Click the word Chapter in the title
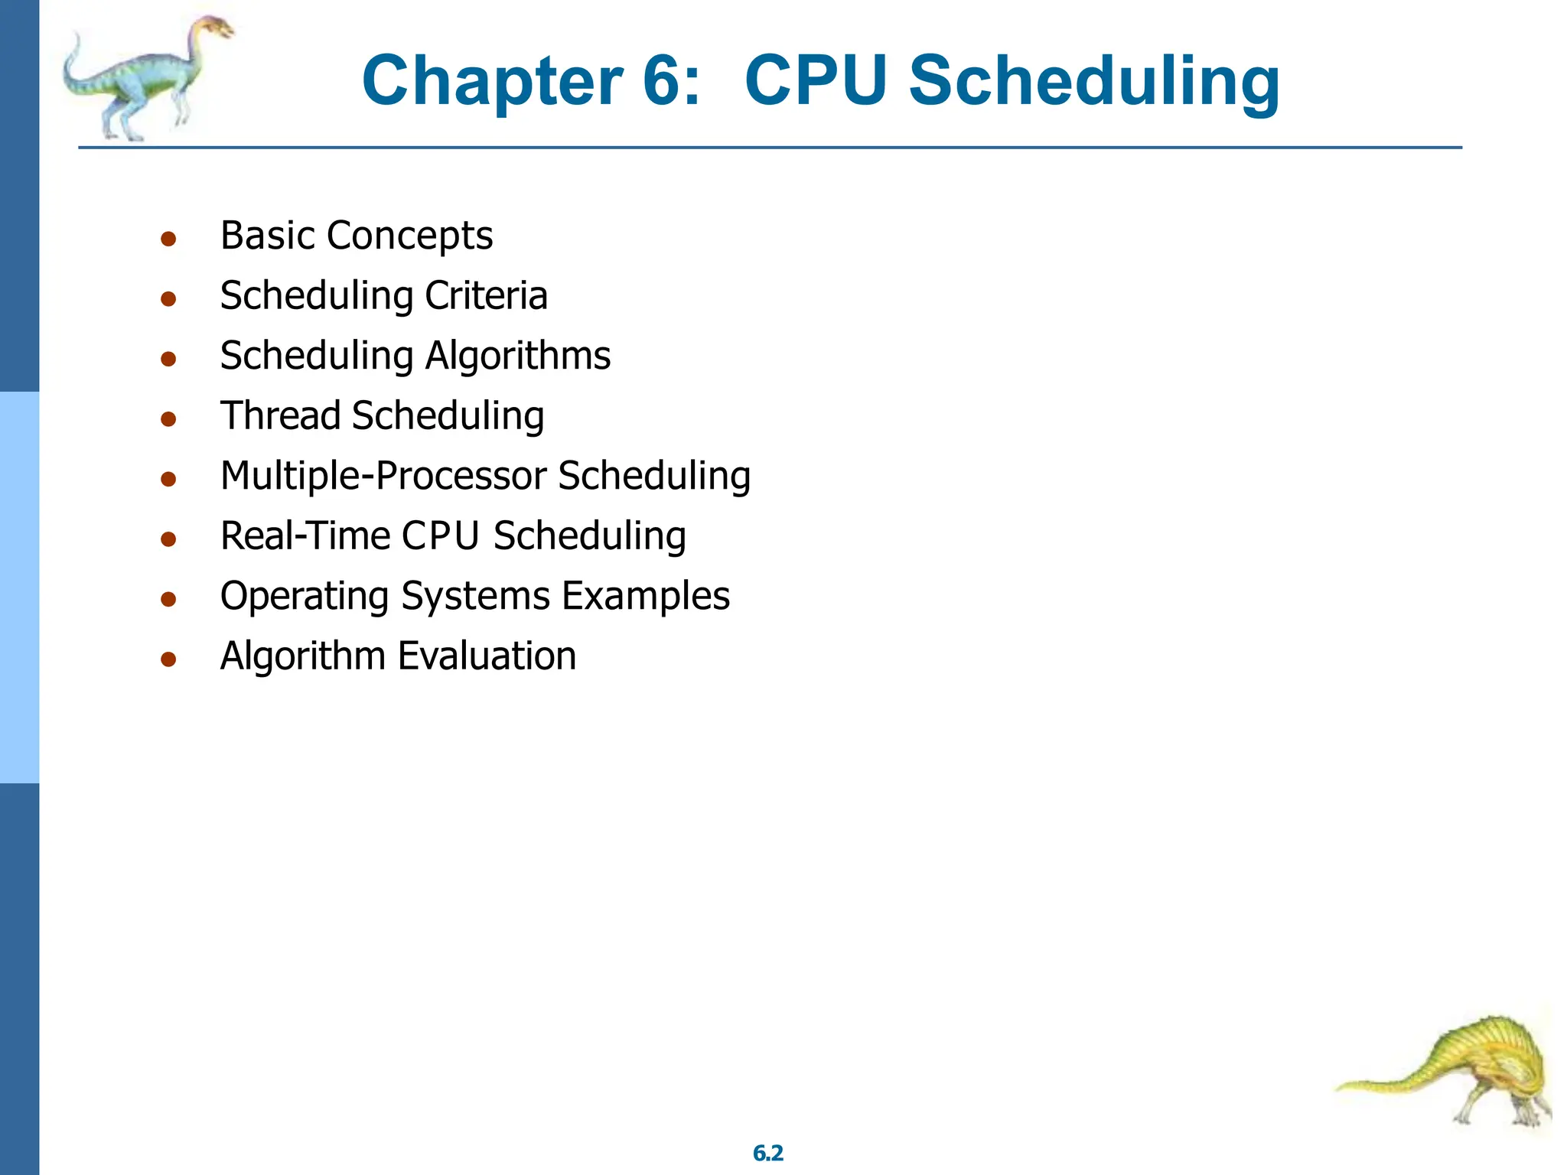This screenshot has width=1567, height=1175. (x=492, y=81)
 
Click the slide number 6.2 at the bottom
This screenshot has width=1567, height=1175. (x=767, y=1153)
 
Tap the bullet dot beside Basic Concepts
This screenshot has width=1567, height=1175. (x=168, y=239)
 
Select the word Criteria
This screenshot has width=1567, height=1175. (x=487, y=295)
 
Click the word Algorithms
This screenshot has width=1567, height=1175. (x=518, y=356)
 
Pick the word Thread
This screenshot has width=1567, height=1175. (x=280, y=416)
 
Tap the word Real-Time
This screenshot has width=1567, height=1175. (x=305, y=535)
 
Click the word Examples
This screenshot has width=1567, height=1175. (x=646, y=596)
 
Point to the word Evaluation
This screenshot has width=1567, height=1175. (x=487, y=656)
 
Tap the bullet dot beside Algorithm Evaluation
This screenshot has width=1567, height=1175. (x=168, y=659)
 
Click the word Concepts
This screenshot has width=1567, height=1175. (x=409, y=236)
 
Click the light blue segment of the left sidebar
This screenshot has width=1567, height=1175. (x=19, y=587)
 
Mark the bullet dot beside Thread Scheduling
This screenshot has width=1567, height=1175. (x=168, y=418)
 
